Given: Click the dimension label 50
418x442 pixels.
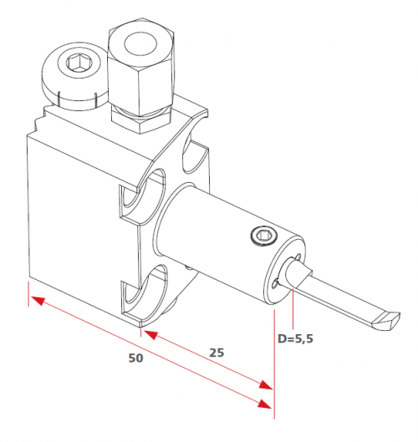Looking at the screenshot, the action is pyautogui.click(x=136, y=358).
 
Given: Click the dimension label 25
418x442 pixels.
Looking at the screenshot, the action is pyautogui.click(x=217, y=353).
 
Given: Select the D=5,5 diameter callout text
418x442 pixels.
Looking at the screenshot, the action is pyautogui.click(x=295, y=338).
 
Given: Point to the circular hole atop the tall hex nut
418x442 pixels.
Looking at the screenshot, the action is pyautogui.click(x=140, y=44).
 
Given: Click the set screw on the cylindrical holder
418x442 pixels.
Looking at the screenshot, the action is pyautogui.click(x=264, y=236).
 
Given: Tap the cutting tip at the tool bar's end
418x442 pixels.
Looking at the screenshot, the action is pyautogui.click(x=386, y=321).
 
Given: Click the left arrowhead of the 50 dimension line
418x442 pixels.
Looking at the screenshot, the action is pyautogui.click(x=38, y=301).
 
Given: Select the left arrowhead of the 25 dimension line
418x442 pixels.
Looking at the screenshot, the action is pyautogui.click(x=150, y=334).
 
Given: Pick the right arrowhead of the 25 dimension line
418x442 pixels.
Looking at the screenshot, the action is pyautogui.click(x=266, y=385).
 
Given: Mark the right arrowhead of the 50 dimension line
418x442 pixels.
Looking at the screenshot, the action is pyautogui.click(x=264, y=404).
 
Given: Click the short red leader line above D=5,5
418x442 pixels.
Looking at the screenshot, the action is pyautogui.click(x=293, y=309).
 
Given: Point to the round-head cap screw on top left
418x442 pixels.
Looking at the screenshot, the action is pyautogui.click(x=74, y=75).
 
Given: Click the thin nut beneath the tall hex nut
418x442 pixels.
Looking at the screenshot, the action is pyautogui.click(x=141, y=119).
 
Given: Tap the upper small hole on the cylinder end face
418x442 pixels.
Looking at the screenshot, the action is pyautogui.click(x=298, y=257).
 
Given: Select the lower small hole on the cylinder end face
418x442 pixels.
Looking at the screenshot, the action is pyautogui.click(x=275, y=284).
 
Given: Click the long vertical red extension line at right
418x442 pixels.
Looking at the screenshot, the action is pyautogui.click(x=274, y=364).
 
